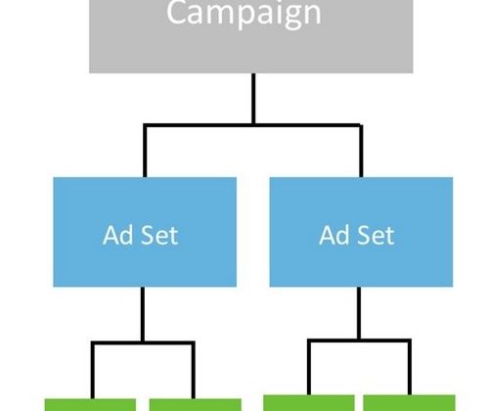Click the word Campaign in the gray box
point(244,14)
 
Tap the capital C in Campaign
point(176,12)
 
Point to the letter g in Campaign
point(293,17)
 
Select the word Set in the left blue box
point(160,235)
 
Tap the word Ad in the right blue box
point(334,235)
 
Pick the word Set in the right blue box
point(377,235)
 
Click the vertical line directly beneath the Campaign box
point(253,98)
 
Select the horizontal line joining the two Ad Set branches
point(252,125)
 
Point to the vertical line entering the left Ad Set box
point(145,152)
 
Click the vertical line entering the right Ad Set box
point(361,152)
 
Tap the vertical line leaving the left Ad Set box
point(143,314)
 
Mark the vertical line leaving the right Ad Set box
point(359,313)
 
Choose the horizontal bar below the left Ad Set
point(143,343)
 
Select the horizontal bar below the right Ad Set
point(359,341)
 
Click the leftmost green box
point(90,405)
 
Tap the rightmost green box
point(409,403)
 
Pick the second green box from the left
point(196,405)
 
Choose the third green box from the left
point(309,403)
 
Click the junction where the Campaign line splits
point(253,125)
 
